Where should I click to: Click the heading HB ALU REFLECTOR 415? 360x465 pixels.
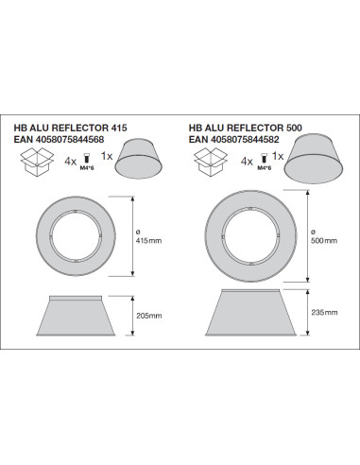[70, 128]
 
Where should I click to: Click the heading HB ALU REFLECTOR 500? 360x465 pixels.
[246, 128]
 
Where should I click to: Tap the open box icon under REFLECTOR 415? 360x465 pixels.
[37, 163]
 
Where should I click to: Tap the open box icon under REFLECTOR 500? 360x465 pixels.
[211, 163]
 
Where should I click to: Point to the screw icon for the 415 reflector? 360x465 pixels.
[87, 158]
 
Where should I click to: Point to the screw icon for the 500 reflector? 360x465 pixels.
[264, 158]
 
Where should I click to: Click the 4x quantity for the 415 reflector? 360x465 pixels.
[70, 162]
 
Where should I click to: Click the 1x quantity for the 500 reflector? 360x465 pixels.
[278, 156]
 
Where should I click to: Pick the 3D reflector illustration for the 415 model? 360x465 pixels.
[139, 159]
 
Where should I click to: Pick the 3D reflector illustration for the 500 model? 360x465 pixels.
[314, 159]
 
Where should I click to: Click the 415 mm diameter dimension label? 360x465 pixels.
[148, 237]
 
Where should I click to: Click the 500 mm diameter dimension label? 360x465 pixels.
[324, 237]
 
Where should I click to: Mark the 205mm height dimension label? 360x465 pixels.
[149, 316]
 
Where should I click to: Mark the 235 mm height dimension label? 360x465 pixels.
[324, 313]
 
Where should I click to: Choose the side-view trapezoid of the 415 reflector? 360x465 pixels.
[76, 316]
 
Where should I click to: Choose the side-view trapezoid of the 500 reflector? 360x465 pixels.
[251, 313]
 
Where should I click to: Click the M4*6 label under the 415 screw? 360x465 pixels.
[87, 168]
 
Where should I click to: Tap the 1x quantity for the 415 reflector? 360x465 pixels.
[107, 156]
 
